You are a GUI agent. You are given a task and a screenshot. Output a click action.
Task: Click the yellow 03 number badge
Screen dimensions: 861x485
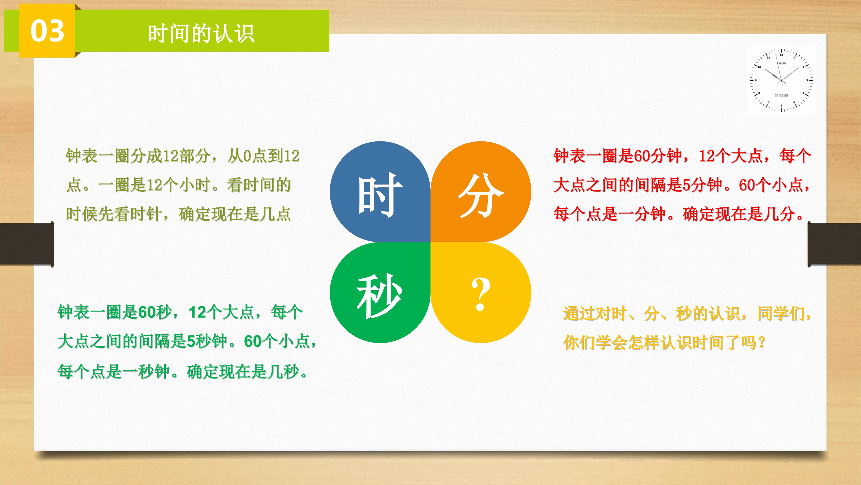47,31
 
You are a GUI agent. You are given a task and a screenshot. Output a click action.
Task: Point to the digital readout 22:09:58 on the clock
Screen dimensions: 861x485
781,96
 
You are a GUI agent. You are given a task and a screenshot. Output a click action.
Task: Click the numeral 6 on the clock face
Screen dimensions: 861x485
781,106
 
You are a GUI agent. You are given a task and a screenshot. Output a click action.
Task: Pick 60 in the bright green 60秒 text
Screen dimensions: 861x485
146,312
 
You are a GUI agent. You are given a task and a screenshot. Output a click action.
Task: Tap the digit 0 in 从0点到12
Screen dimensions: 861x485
247,156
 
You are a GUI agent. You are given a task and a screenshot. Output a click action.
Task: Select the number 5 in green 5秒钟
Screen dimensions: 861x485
191,341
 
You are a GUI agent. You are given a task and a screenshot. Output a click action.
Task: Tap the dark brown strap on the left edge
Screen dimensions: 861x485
27,244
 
